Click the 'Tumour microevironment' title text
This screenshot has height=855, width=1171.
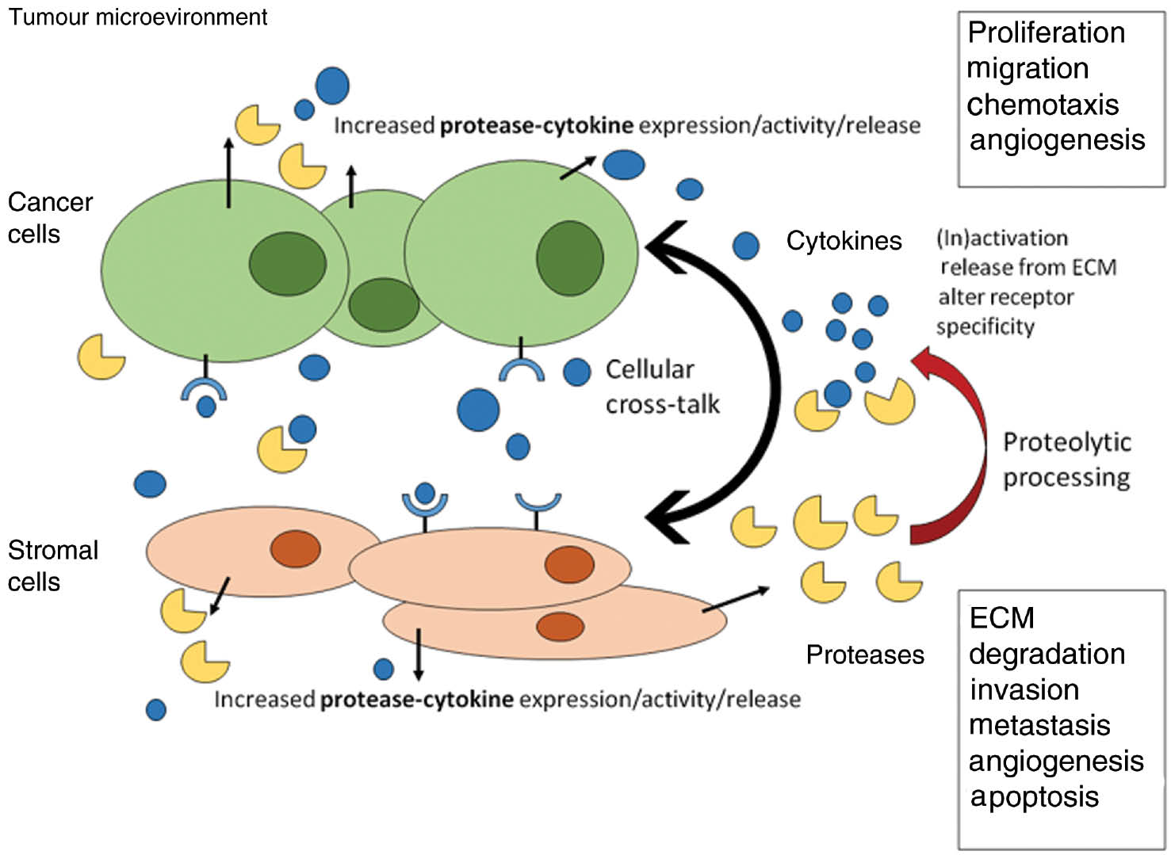(137, 17)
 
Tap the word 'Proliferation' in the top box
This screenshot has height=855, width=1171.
(1046, 32)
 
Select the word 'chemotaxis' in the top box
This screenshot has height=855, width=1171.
(1043, 105)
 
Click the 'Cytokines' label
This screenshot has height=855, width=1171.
(844, 241)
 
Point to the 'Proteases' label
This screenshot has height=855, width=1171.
(865, 655)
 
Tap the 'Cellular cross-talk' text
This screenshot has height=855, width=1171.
(661, 387)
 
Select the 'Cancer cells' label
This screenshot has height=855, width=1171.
(49, 218)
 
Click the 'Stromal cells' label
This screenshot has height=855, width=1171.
(52, 566)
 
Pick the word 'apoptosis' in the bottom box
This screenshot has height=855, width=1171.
(1034, 796)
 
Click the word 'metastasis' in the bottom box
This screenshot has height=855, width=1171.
(1039, 725)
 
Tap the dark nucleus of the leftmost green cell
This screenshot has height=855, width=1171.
(287, 264)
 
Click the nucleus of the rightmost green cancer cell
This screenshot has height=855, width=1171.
(569, 258)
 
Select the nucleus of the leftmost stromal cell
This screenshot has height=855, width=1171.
(296, 549)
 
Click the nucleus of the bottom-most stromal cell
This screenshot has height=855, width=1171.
(560, 627)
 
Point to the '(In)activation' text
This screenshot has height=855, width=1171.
(1001, 238)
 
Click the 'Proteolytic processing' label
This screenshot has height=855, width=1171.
(1066, 460)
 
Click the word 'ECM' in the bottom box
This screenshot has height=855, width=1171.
(1001, 618)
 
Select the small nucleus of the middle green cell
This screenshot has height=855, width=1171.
(384, 305)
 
